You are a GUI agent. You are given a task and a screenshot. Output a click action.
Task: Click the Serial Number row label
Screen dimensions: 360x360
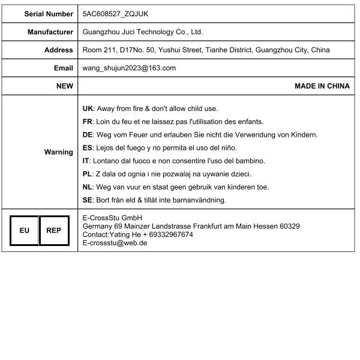click(x=49, y=13)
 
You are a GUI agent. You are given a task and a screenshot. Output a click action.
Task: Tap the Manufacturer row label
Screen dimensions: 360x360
click(x=50, y=32)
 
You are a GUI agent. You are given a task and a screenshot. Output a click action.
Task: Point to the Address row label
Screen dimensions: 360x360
click(x=59, y=50)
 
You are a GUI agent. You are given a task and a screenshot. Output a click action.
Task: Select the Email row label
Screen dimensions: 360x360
click(x=63, y=68)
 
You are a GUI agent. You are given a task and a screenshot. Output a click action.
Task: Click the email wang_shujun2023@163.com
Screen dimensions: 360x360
click(x=129, y=68)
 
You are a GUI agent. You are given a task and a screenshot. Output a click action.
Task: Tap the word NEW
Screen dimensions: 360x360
click(x=65, y=86)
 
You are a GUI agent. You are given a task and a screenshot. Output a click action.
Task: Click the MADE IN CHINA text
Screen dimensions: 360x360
click(x=322, y=86)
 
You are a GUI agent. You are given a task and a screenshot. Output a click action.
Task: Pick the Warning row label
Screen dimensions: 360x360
click(x=59, y=152)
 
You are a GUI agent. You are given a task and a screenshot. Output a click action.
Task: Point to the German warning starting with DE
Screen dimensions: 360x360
click(x=200, y=135)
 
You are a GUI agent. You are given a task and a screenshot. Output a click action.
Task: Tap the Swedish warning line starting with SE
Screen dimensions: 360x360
click(x=154, y=200)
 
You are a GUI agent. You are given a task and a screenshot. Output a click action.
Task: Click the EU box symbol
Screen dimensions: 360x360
click(x=24, y=230)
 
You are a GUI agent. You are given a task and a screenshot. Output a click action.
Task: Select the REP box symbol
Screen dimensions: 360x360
click(x=53, y=230)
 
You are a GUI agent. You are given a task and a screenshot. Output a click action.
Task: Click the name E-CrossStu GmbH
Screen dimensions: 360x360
click(x=113, y=217)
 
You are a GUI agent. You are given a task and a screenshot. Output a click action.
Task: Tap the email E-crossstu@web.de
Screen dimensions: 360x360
click(x=115, y=243)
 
